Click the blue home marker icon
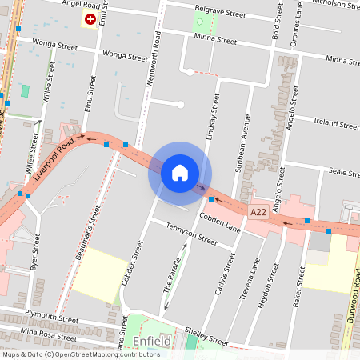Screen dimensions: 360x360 pyautogui.click(x=180, y=173)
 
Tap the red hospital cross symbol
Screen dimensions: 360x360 pyautogui.click(x=90, y=18)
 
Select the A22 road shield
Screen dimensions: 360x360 pyautogui.click(x=258, y=212)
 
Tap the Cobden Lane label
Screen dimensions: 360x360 pyautogui.click(x=220, y=222)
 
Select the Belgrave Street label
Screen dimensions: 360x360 pyautogui.click(x=220, y=14)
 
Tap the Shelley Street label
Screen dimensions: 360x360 pyautogui.click(x=206, y=336)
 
